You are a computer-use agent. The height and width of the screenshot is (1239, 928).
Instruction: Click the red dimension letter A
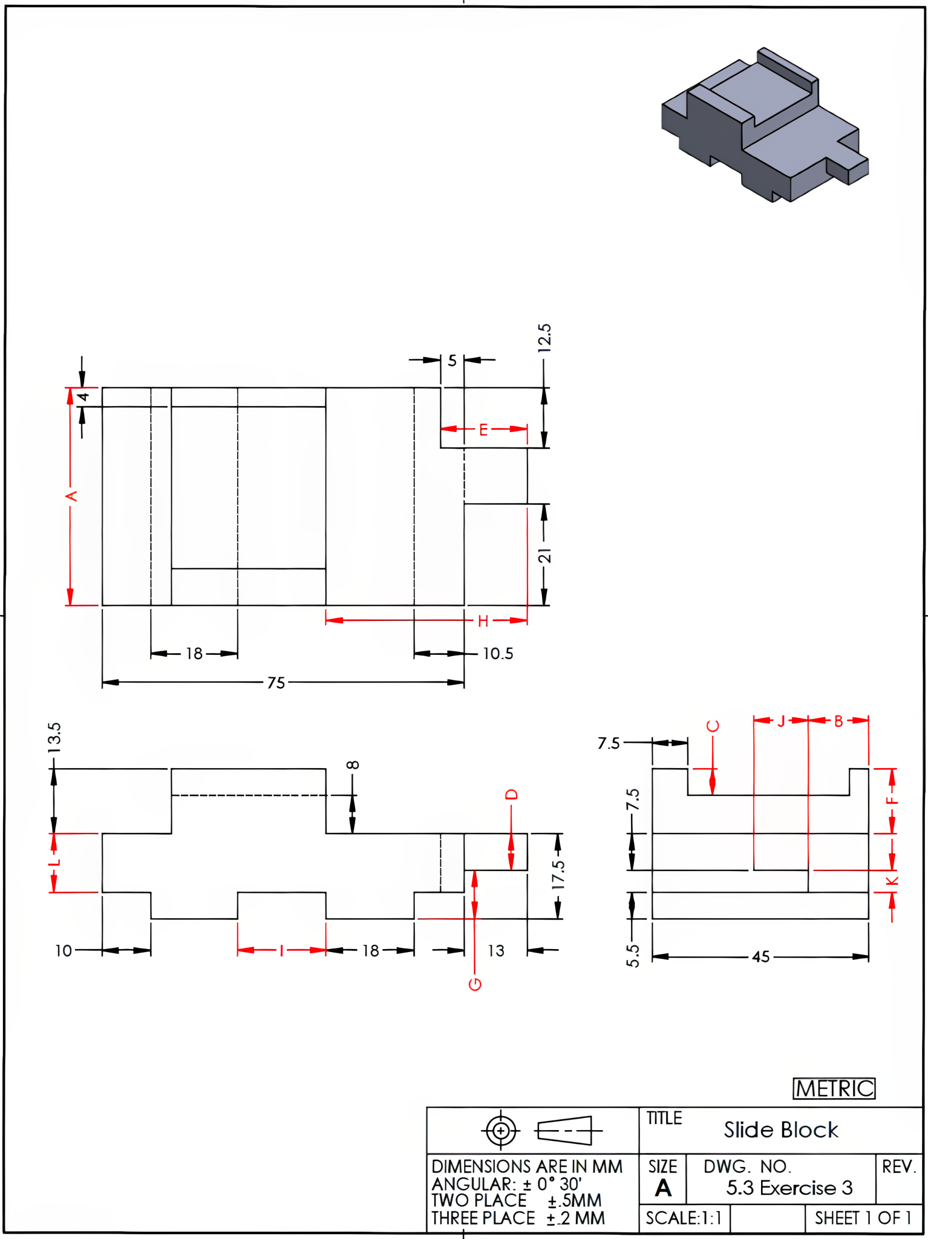pyautogui.click(x=71, y=496)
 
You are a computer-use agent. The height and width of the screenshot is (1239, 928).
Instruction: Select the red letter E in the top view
pyautogui.click(x=483, y=430)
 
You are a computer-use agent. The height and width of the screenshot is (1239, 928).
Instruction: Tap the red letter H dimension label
pyautogui.click(x=483, y=620)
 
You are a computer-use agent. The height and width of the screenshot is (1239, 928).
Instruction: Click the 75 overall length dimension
pyautogui.click(x=275, y=683)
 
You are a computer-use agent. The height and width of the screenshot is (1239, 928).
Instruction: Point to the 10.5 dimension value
pyautogui.click(x=498, y=654)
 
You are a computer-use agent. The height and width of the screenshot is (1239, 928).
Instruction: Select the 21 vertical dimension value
pyautogui.click(x=544, y=556)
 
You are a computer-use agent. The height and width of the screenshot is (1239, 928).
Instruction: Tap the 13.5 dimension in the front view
pyautogui.click(x=54, y=737)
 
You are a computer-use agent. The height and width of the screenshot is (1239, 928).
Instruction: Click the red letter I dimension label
pyautogui.click(x=281, y=951)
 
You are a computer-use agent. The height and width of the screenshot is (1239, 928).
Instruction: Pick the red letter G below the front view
pyautogui.click(x=475, y=984)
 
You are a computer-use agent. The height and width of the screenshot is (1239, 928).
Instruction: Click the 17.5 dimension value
pyautogui.click(x=558, y=875)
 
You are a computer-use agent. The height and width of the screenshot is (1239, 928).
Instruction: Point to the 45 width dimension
pyautogui.click(x=761, y=957)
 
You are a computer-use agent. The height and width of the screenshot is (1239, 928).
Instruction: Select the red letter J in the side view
pyautogui.click(x=781, y=721)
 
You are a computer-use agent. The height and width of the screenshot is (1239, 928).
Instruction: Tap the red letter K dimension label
pyautogui.click(x=892, y=881)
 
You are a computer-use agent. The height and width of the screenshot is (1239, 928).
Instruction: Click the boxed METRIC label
pyautogui.click(x=834, y=1088)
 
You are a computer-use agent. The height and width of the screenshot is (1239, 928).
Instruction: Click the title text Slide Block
pyautogui.click(x=781, y=1130)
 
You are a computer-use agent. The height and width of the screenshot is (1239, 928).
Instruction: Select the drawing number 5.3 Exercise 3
pyautogui.click(x=789, y=1188)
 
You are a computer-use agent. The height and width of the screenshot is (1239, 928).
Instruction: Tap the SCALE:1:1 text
pyautogui.click(x=684, y=1218)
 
